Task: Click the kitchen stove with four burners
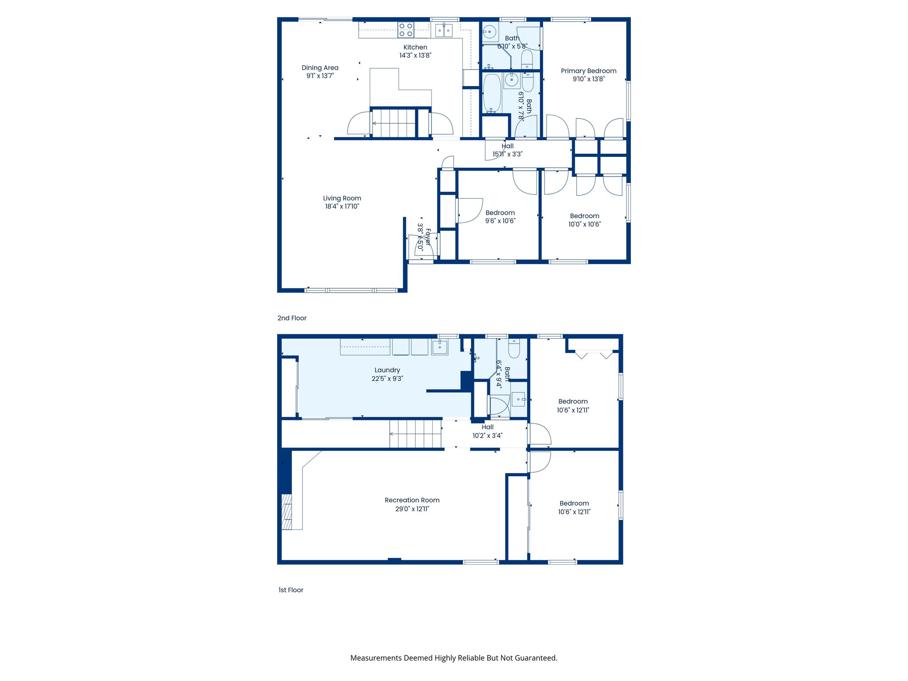tap(406, 30)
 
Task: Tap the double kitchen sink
tap(443, 31)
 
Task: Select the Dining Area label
tap(320, 68)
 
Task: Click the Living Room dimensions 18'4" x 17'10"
tap(342, 206)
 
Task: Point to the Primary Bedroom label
tap(588, 71)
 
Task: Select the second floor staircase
tap(394, 123)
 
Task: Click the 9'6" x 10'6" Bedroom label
tap(500, 213)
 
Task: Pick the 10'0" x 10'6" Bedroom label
tap(584, 216)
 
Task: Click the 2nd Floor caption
tap(292, 318)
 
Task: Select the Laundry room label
tap(387, 370)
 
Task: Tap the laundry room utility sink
tap(440, 346)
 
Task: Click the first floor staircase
tap(415, 434)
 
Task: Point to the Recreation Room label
tap(412, 500)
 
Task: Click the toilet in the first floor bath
tap(514, 349)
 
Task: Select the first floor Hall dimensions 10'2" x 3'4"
tap(487, 435)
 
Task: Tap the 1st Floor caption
tap(291, 590)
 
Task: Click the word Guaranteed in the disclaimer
tap(535, 658)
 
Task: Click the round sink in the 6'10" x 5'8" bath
tap(489, 32)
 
